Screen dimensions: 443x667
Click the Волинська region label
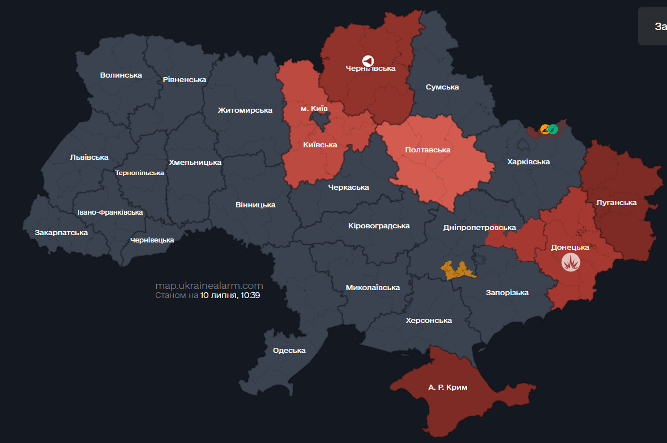(x=121, y=75)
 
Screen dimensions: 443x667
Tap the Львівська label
(x=89, y=157)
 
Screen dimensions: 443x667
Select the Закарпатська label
(x=61, y=232)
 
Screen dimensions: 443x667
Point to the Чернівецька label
(x=152, y=240)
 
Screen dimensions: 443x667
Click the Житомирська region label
(x=245, y=110)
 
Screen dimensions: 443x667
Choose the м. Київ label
(x=314, y=108)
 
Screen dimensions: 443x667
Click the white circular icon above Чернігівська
(x=368, y=60)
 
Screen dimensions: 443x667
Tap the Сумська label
(x=442, y=87)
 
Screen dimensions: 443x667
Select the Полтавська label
(x=427, y=150)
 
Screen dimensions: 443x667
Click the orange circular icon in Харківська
(x=545, y=129)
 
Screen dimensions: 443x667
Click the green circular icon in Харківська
(x=553, y=129)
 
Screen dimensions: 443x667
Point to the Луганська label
(x=616, y=202)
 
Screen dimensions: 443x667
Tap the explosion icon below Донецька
(x=570, y=263)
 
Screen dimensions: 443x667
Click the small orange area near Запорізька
(x=458, y=270)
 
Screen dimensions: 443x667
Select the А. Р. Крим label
(x=448, y=387)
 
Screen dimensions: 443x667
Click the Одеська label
(x=289, y=350)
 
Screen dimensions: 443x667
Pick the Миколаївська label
(x=373, y=287)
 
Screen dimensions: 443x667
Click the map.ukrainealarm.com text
(x=209, y=286)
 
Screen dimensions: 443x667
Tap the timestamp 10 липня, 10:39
(x=230, y=295)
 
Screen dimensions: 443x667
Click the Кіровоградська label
(x=379, y=225)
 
